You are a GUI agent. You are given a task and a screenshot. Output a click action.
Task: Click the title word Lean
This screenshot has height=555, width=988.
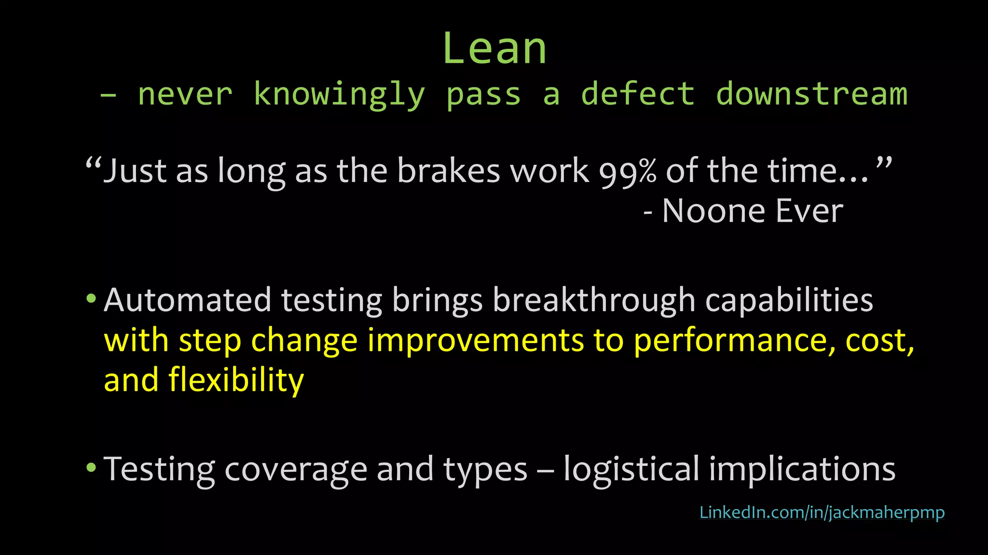[494, 49]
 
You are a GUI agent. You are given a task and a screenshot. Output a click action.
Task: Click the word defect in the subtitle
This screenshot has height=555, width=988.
[638, 94]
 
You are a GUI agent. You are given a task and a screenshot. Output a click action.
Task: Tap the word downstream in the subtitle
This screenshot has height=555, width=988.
[811, 94]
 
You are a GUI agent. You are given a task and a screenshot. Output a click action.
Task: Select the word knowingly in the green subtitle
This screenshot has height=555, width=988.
[339, 95]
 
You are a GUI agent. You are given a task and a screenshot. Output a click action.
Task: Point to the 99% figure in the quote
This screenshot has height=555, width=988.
[628, 172]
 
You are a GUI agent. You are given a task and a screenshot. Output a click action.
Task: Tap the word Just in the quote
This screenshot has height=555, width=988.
[135, 172]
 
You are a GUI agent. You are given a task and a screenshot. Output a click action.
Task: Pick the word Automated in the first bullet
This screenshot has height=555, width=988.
[187, 300]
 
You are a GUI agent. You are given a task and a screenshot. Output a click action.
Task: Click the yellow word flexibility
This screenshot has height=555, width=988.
[236, 381]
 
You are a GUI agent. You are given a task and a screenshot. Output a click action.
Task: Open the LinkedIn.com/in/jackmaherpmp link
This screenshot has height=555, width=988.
[822, 513]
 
